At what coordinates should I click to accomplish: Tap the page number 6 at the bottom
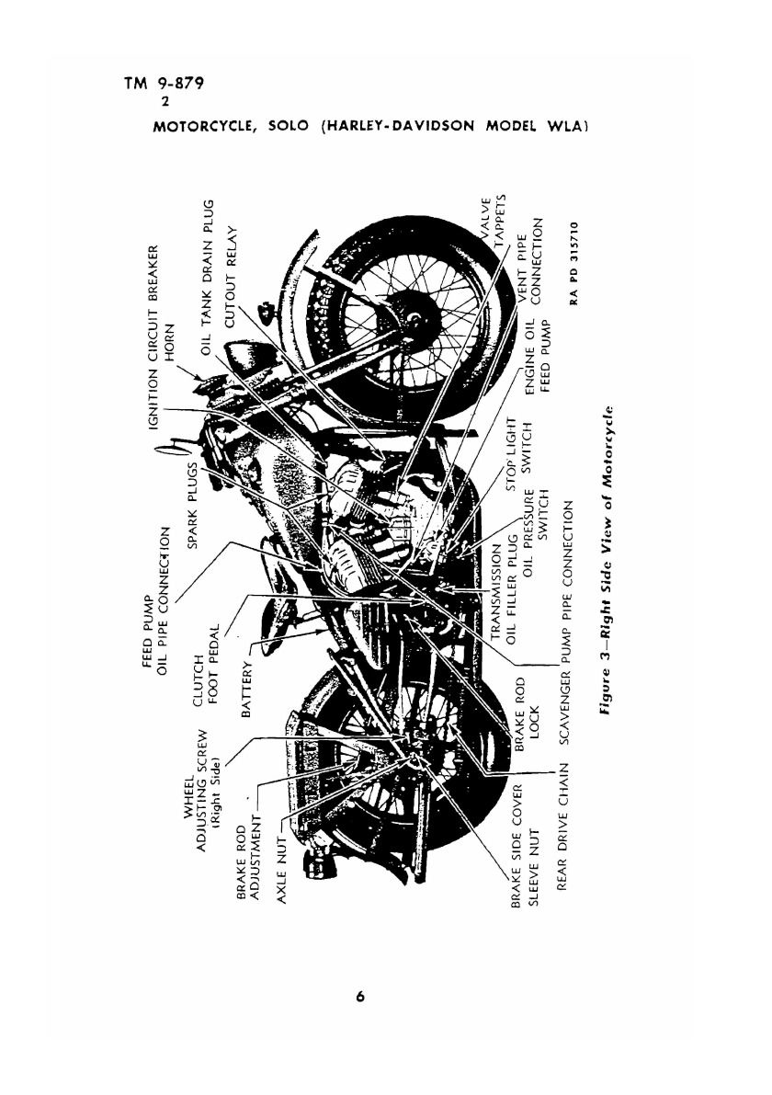361,997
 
